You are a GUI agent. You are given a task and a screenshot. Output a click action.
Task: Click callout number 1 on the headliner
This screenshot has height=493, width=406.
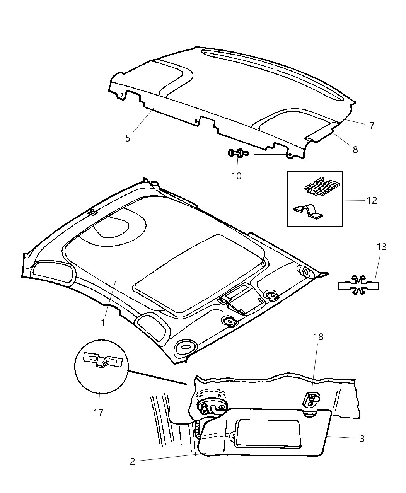102,322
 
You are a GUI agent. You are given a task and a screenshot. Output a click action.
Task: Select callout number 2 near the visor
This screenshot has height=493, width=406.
133,461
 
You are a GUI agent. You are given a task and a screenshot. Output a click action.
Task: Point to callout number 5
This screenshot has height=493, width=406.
128,138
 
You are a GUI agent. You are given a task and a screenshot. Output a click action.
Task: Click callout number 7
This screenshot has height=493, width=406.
371,125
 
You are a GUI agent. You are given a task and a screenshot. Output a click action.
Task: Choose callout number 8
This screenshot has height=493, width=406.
355,149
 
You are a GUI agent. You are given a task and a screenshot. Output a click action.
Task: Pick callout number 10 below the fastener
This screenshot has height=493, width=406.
236,176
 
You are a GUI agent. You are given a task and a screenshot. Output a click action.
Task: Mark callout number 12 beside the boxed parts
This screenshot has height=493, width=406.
372,200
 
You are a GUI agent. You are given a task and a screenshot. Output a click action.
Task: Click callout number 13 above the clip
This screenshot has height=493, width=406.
381,247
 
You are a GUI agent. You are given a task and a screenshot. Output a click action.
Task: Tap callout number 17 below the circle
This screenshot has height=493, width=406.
98,413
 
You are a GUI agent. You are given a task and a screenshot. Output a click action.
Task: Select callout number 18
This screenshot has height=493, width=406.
318,337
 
